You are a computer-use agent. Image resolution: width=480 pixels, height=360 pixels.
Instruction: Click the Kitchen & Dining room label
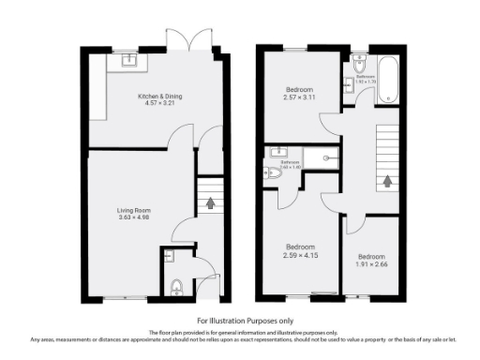point(157,96)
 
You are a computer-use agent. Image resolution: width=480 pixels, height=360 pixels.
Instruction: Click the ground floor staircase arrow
point(210,201)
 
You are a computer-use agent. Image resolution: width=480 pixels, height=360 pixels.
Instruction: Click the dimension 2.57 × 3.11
point(300,97)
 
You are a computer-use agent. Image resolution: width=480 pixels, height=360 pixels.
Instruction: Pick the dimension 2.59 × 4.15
point(300,255)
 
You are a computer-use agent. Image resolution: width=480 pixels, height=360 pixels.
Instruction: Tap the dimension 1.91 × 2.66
point(372,262)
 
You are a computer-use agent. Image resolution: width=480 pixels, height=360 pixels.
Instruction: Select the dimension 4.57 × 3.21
point(157,103)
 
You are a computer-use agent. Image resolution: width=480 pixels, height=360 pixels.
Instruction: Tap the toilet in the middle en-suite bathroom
point(274,172)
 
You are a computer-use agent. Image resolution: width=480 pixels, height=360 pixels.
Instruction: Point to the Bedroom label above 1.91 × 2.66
point(372,255)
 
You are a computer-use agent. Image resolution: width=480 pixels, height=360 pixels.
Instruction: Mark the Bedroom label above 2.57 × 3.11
point(300,90)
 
